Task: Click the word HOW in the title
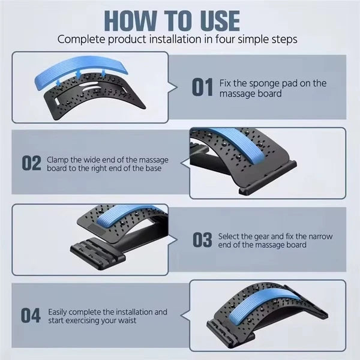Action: (131, 21)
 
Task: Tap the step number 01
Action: (202, 87)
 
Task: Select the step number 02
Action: (31, 163)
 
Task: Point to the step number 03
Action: (202, 240)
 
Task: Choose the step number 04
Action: (31, 316)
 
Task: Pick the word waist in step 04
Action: (127, 320)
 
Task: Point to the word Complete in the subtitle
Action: (82, 40)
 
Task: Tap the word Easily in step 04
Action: (58, 313)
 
